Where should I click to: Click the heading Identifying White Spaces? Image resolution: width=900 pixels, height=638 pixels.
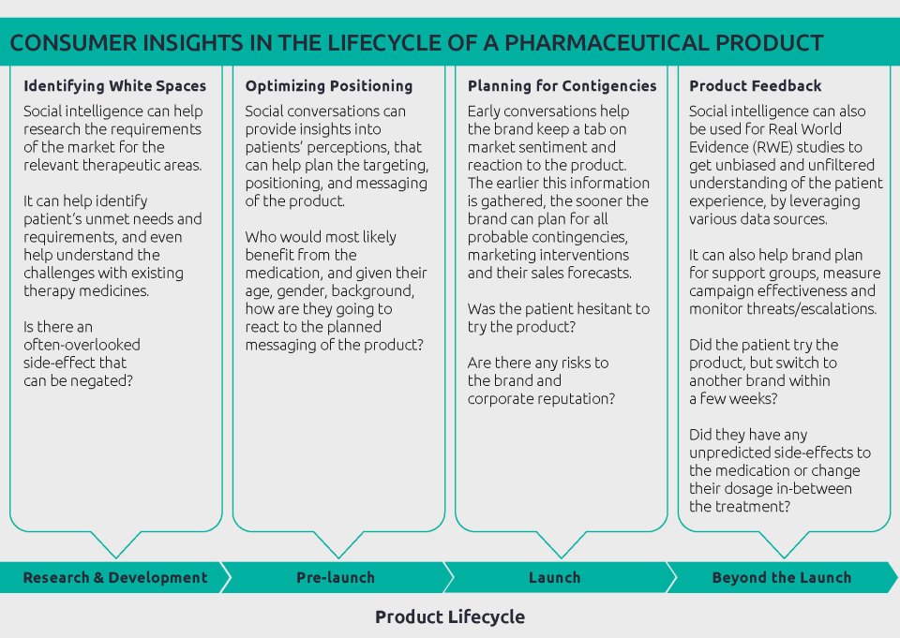[114, 86]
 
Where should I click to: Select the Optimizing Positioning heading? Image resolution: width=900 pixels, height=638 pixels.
[328, 86]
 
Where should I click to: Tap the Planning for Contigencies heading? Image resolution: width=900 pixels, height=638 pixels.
[562, 86]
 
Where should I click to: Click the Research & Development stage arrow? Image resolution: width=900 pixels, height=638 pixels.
[114, 577]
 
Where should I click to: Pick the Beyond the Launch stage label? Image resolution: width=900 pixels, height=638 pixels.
[781, 577]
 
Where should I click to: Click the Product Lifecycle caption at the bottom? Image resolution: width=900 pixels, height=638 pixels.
[450, 616]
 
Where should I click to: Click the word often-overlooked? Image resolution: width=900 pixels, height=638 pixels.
[75, 345]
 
